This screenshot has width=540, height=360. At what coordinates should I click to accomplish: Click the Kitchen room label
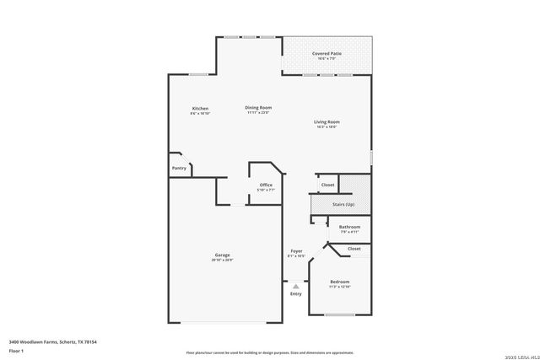click(200, 109)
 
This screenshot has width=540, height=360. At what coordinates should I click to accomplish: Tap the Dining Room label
click(258, 108)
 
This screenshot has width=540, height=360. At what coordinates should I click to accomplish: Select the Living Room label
click(326, 122)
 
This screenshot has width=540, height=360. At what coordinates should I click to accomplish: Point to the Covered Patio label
click(326, 54)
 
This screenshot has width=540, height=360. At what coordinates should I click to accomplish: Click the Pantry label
click(179, 168)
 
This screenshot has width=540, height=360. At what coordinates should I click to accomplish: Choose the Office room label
click(266, 185)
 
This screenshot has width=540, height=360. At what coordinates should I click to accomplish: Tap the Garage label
click(222, 255)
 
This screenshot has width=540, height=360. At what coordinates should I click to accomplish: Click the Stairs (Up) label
click(343, 204)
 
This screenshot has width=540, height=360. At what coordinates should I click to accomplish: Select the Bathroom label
click(349, 227)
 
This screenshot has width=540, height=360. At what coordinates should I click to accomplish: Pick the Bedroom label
click(339, 282)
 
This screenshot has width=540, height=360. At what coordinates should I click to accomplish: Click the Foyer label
click(296, 250)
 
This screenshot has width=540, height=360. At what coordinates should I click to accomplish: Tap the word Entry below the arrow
click(296, 293)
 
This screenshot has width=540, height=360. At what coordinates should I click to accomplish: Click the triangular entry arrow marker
click(296, 286)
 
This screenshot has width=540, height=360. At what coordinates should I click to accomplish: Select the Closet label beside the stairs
click(327, 185)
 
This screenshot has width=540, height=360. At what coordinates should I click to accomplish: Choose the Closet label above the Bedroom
click(354, 249)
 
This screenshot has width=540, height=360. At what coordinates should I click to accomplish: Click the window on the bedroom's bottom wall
click(339, 315)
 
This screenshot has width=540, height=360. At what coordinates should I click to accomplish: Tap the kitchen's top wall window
click(198, 74)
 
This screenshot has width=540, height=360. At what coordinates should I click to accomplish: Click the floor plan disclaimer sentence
click(269, 352)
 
